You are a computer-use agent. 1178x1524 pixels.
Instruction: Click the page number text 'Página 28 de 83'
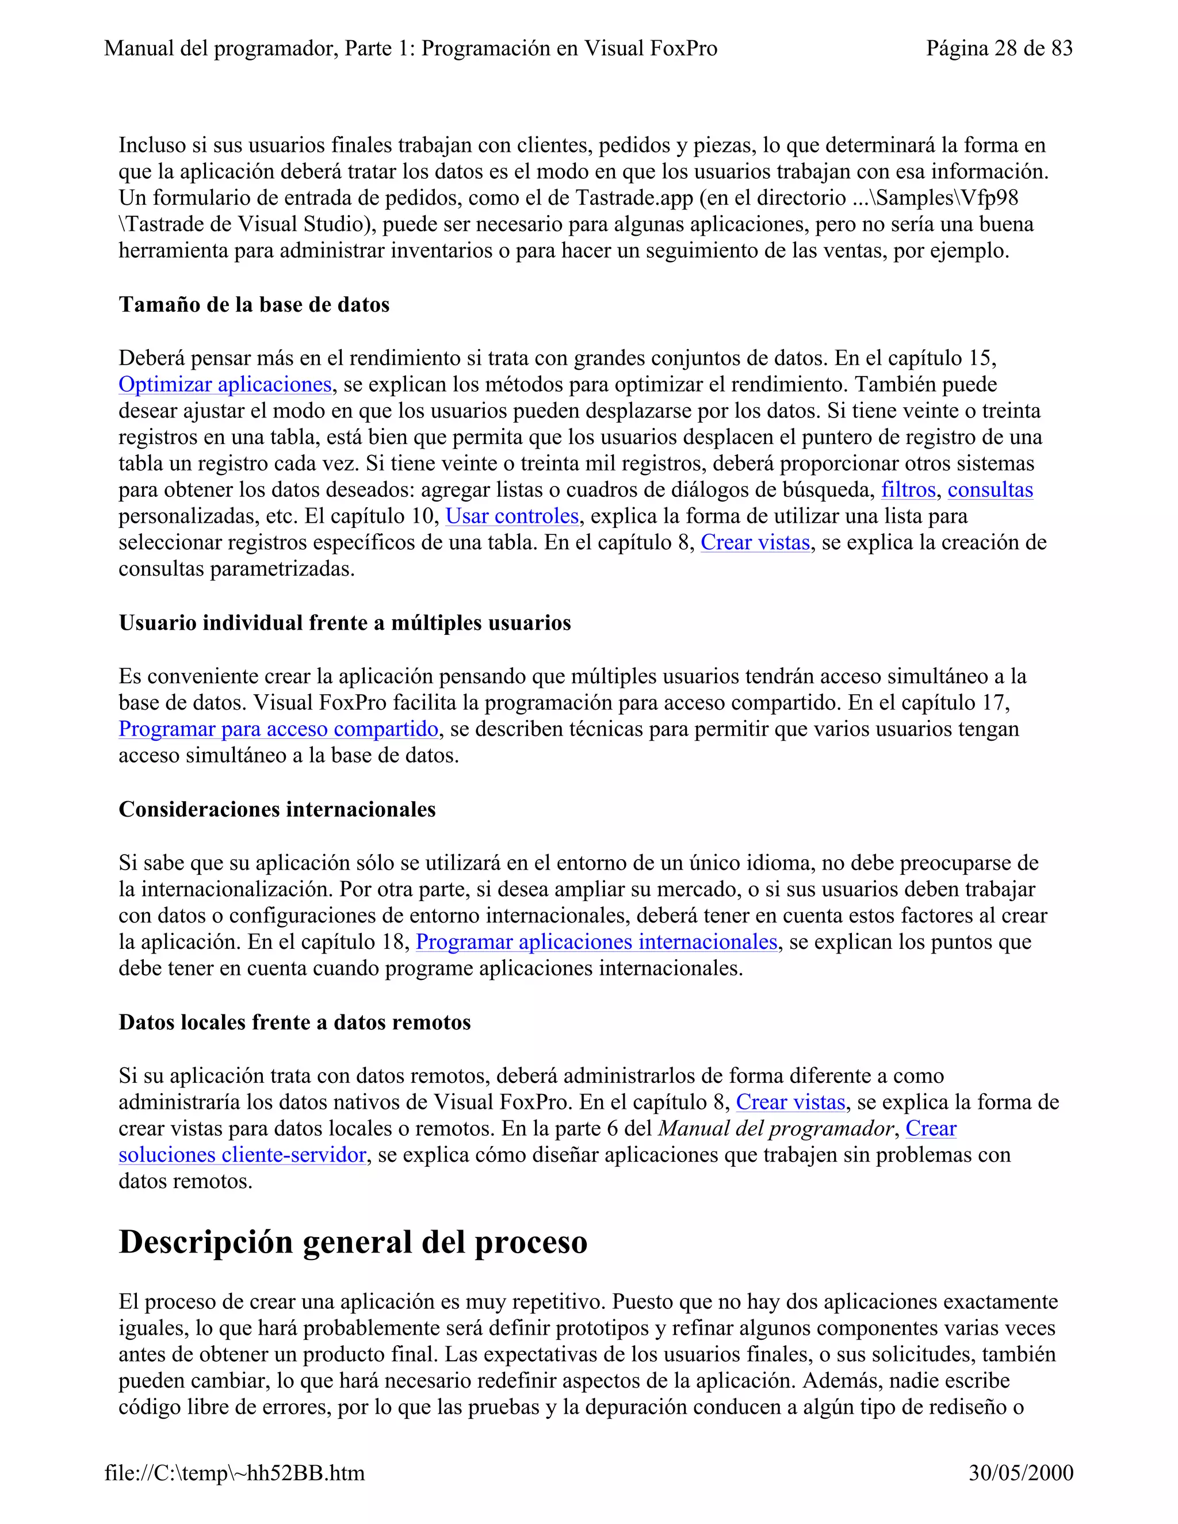(x=999, y=48)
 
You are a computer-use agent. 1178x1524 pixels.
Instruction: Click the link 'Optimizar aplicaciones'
(x=225, y=385)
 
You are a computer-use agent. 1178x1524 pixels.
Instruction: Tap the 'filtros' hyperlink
(x=908, y=490)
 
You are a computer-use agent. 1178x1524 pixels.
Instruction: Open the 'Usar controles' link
(x=512, y=516)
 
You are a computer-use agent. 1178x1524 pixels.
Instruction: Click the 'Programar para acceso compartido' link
(x=278, y=729)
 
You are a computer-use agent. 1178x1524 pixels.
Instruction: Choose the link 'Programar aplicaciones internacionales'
(x=596, y=942)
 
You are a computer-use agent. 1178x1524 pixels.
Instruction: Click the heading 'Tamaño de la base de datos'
(x=254, y=305)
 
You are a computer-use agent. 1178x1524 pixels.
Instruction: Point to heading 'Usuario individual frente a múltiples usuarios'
(x=345, y=623)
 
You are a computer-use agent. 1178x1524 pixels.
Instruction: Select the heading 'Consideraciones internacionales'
(x=277, y=810)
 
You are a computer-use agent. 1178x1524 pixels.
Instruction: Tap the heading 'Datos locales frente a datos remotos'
(x=294, y=1023)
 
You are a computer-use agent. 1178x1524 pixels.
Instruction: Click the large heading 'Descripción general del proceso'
(x=353, y=1242)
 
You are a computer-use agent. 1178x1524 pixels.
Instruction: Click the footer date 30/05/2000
(x=1020, y=1473)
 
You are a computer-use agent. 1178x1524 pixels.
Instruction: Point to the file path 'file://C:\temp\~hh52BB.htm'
(x=235, y=1473)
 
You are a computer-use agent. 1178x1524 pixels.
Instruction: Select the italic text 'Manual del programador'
(x=775, y=1128)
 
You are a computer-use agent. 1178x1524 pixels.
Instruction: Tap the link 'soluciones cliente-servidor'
(x=242, y=1155)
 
